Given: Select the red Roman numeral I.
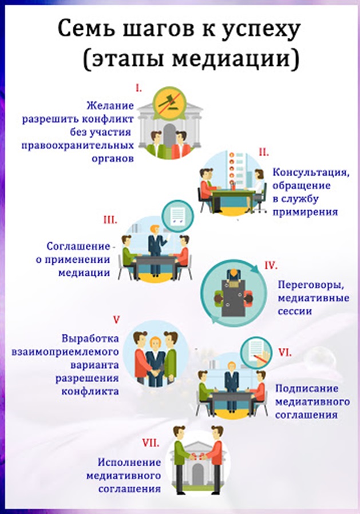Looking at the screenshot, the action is click(x=139, y=88).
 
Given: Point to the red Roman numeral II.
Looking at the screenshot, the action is click(x=264, y=152).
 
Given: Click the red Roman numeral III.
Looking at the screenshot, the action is click(x=110, y=220).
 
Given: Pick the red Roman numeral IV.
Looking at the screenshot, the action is click(x=271, y=265).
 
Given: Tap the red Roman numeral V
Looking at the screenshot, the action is click(x=116, y=319).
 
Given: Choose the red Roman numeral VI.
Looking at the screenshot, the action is click(x=285, y=353).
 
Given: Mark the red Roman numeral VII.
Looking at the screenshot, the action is click(x=151, y=443).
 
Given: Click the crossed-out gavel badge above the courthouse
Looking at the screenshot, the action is click(x=169, y=102).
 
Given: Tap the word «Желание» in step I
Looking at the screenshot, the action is click(x=110, y=106).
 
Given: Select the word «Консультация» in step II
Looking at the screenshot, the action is click(x=310, y=172).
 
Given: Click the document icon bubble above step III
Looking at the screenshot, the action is click(x=178, y=216).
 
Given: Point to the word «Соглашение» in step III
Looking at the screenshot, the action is click(x=78, y=246).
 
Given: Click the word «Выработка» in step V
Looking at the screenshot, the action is click(x=90, y=338).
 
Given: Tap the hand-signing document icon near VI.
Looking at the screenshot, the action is click(x=256, y=352).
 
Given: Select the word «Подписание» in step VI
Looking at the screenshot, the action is click(x=307, y=389).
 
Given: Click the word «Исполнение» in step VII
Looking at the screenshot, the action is click(x=129, y=462).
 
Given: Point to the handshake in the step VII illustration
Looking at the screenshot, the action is click(x=198, y=457).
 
